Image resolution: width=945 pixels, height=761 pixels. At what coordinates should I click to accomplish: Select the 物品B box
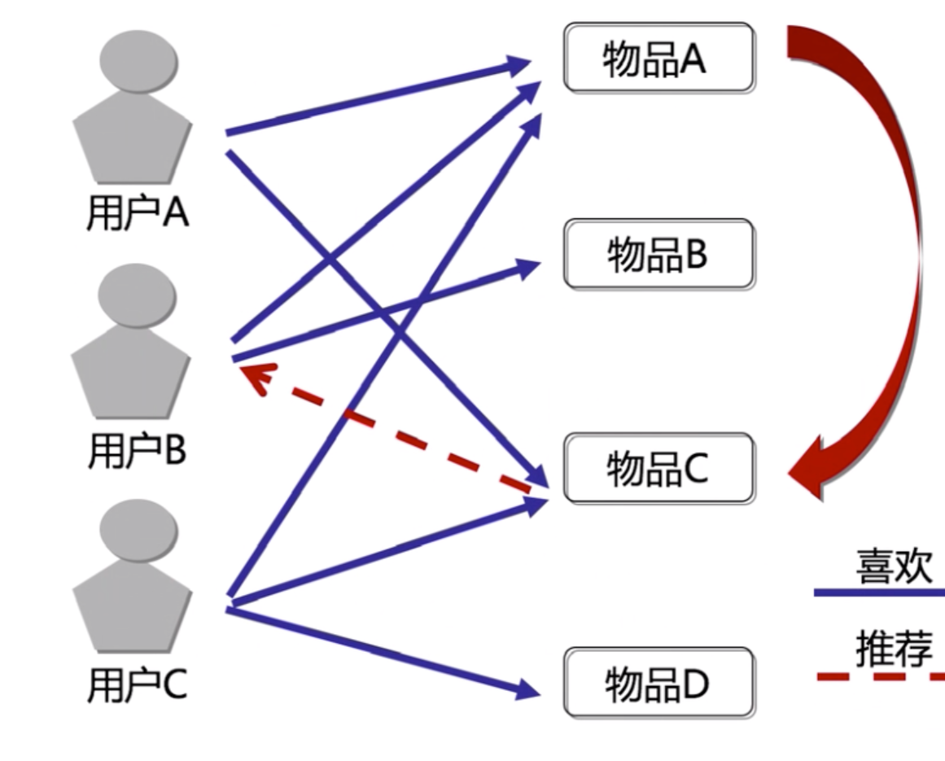pos(658,254)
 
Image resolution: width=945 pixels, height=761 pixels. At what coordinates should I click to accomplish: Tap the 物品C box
pos(658,468)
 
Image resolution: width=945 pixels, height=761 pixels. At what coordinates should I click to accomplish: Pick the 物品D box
pos(658,683)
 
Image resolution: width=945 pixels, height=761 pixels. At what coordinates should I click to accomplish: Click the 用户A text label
pos(137,214)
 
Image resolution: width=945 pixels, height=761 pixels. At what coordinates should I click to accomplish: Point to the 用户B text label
pos(137,451)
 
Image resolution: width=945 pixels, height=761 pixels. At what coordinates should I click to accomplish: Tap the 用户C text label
pos(137,685)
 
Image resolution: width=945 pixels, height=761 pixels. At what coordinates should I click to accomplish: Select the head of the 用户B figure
pos(137,295)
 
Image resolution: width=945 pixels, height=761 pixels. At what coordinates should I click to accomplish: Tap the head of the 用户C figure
pos(137,530)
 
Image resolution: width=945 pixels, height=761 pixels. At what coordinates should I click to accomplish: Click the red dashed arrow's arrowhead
pos(254,378)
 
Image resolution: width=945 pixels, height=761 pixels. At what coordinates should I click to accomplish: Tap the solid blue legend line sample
pos(879,593)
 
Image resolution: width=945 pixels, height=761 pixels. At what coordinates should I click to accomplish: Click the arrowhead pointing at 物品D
pos(528,691)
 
